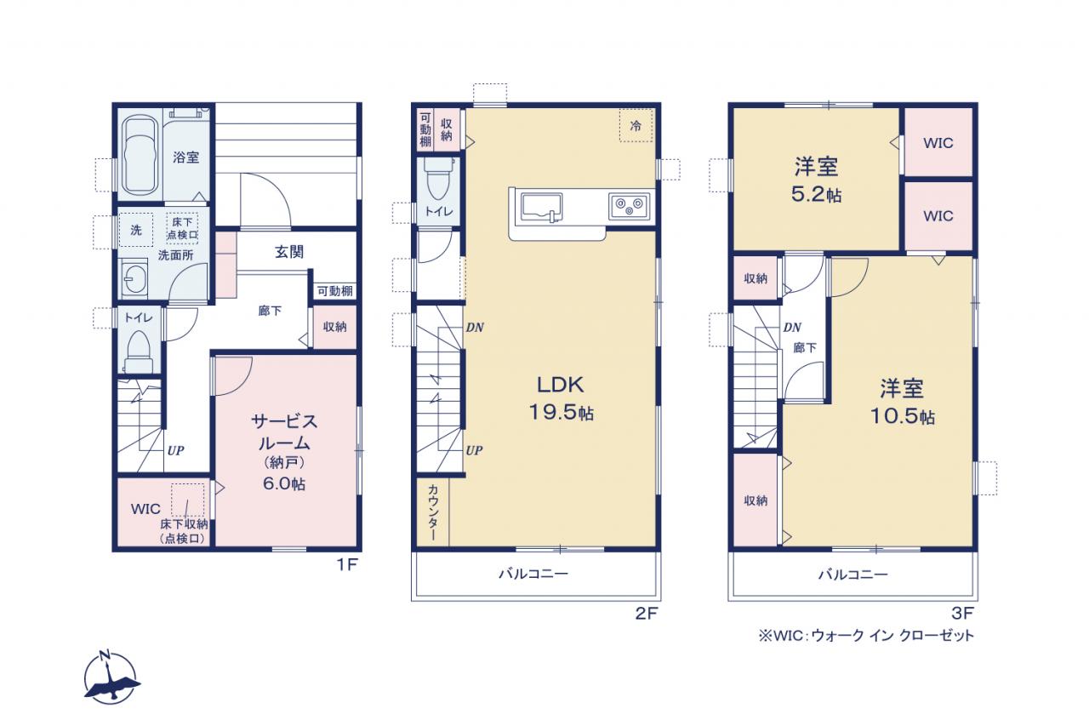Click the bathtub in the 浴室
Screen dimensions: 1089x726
(140, 156)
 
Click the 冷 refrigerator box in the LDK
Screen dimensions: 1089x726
(636, 125)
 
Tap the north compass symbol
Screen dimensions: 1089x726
(111, 677)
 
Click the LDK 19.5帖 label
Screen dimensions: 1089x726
(561, 398)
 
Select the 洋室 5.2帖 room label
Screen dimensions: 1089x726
(817, 180)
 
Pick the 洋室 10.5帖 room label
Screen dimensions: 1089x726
(903, 402)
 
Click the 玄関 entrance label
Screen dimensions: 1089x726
(289, 252)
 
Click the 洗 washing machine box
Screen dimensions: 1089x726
(136, 230)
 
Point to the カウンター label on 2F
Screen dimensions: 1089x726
(433, 512)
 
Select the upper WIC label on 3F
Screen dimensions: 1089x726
(938, 143)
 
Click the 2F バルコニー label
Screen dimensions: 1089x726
(533, 574)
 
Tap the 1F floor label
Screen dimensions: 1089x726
(347, 564)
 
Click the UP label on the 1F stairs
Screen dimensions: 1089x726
(175, 451)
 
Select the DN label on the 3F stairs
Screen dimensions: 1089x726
(792, 328)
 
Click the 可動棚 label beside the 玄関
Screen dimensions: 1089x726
(335, 291)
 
